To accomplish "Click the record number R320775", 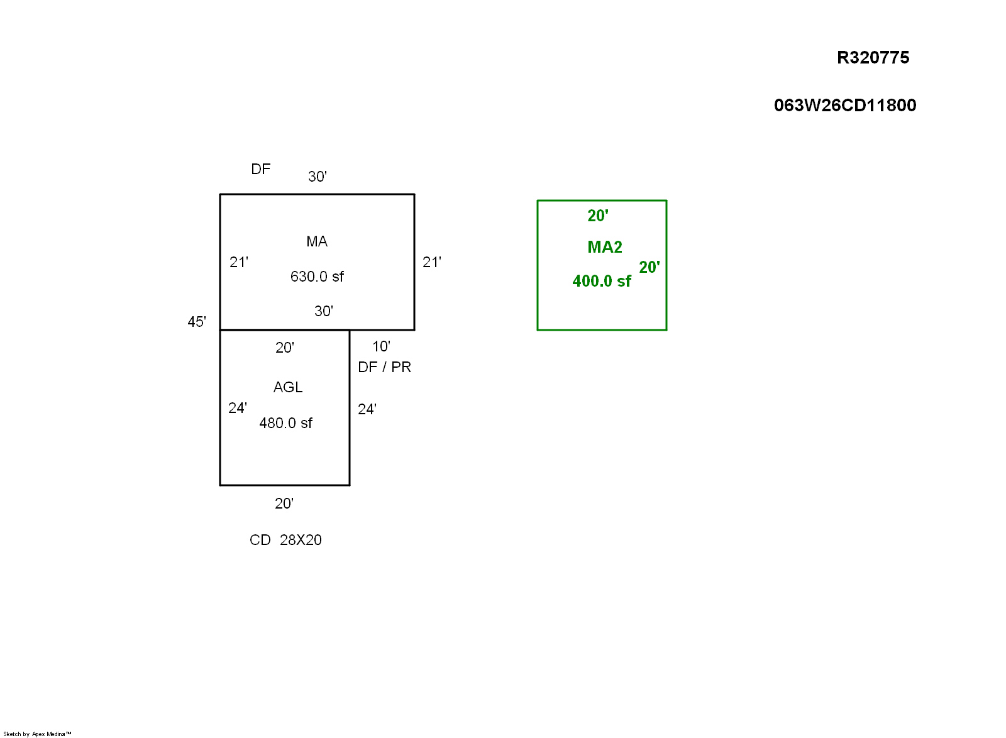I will (873, 58).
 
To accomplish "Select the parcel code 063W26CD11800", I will (844, 105).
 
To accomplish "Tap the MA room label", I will (317, 241).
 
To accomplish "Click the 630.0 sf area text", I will (317, 277).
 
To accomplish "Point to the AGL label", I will (288, 387).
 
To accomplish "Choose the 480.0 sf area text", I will (285, 423).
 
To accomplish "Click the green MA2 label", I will (604, 247).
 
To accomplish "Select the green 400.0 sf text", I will (601, 281).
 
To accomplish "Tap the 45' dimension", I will (197, 322).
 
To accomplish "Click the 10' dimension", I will (381, 346).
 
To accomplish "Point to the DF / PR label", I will (384, 367).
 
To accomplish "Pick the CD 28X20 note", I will (285, 540).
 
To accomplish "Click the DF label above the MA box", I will (260, 169).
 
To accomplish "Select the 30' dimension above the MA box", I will (317, 177).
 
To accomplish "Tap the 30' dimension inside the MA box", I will (323, 311).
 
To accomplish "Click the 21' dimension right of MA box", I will (431, 262).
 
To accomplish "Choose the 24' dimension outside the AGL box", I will (367, 409).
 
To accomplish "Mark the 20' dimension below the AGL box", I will (284, 504).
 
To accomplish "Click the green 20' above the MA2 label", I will (597, 216).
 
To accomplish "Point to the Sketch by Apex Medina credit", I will (37, 734).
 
